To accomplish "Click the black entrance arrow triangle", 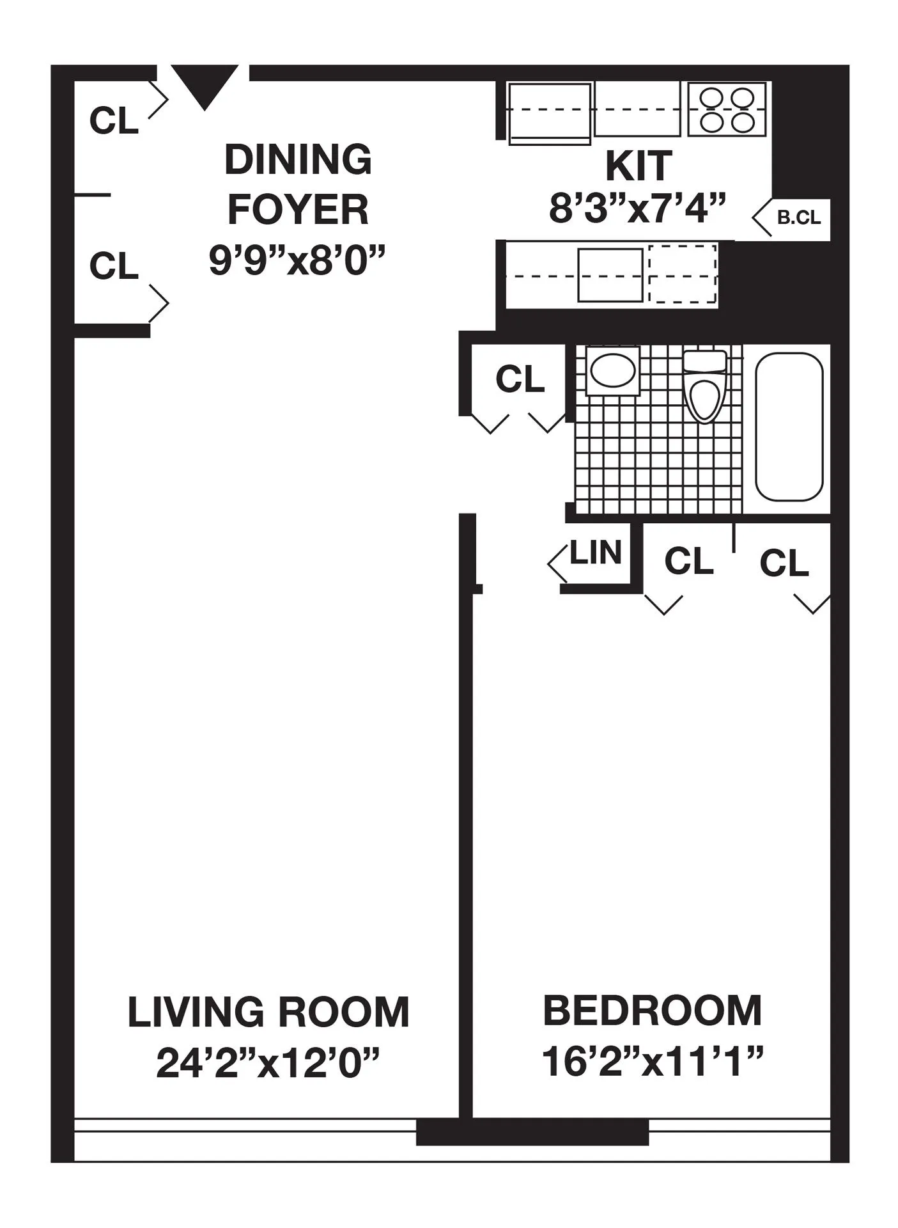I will [x=205, y=85].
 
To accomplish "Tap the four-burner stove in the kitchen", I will [x=726, y=109].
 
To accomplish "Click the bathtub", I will [x=789, y=427].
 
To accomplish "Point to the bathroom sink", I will [x=613, y=370].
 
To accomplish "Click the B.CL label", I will [x=798, y=217].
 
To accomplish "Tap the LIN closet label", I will [x=595, y=553].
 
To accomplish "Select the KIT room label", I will [x=638, y=166].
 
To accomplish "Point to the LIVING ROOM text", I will [x=268, y=1012].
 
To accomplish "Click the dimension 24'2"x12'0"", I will [x=268, y=1064].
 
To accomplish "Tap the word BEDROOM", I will [x=652, y=1011].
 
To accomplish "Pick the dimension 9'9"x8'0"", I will [x=298, y=260].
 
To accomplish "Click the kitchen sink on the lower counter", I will [x=610, y=275].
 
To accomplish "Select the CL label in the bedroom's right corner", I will [x=784, y=563].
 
